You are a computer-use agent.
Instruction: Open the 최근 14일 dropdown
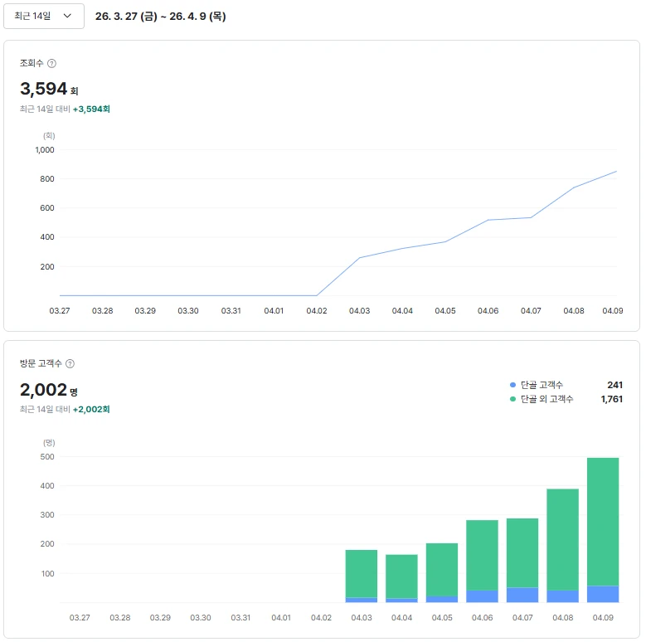pyautogui.click(x=44, y=16)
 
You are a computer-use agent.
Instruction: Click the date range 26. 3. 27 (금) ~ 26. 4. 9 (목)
pyautogui.click(x=160, y=16)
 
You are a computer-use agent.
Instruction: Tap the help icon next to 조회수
pyautogui.click(x=51, y=64)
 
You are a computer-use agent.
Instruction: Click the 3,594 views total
pyautogui.click(x=43, y=89)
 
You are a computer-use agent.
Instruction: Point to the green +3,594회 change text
pyautogui.click(x=91, y=109)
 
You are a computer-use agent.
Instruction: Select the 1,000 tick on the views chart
pyautogui.click(x=45, y=149)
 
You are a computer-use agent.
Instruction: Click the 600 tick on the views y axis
pyautogui.click(x=47, y=207)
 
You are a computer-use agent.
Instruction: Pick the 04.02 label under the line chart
pyautogui.click(x=317, y=311)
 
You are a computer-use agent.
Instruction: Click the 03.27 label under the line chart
pyautogui.click(x=60, y=311)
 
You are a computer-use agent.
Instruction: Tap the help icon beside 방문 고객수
pyautogui.click(x=70, y=363)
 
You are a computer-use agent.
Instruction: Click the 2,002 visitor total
pyautogui.click(x=43, y=389)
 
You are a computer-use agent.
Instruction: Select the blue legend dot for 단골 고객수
pyautogui.click(x=513, y=385)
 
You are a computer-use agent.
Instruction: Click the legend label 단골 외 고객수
pyautogui.click(x=546, y=399)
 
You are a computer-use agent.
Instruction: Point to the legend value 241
pyautogui.click(x=614, y=385)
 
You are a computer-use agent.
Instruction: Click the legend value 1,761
pyautogui.click(x=612, y=399)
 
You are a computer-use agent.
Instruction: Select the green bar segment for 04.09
pyautogui.click(x=603, y=522)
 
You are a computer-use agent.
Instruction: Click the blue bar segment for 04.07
pyautogui.click(x=522, y=595)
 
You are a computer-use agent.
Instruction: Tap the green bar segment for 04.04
pyautogui.click(x=401, y=576)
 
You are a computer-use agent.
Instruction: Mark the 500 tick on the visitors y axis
pyautogui.click(x=47, y=456)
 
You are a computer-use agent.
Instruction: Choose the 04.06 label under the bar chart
pyautogui.click(x=482, y=618)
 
